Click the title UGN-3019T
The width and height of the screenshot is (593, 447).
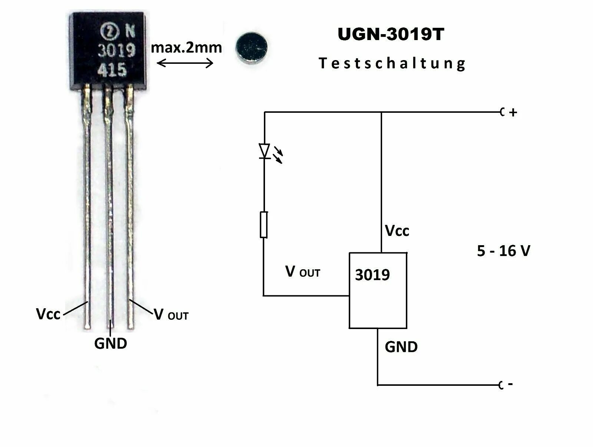391,34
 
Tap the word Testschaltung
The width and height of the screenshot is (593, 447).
392,63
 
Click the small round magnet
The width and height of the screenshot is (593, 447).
251,47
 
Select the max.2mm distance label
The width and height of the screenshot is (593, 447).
186,47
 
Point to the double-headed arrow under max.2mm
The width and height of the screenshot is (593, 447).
185,63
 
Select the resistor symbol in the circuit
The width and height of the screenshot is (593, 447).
264,224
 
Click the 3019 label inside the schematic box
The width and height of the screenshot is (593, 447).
372,275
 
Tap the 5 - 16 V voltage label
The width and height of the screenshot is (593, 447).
503,251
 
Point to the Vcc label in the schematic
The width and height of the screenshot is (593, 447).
397,231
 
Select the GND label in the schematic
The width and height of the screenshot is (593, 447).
401,347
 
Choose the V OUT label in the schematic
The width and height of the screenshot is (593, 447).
302,272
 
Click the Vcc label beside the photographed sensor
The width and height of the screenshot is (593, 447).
48,314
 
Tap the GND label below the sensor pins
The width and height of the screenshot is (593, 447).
110,344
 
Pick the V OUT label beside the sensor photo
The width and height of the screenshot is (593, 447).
171,315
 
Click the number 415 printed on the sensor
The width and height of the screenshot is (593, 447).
112,69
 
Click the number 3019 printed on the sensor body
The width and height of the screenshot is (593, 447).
116,50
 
